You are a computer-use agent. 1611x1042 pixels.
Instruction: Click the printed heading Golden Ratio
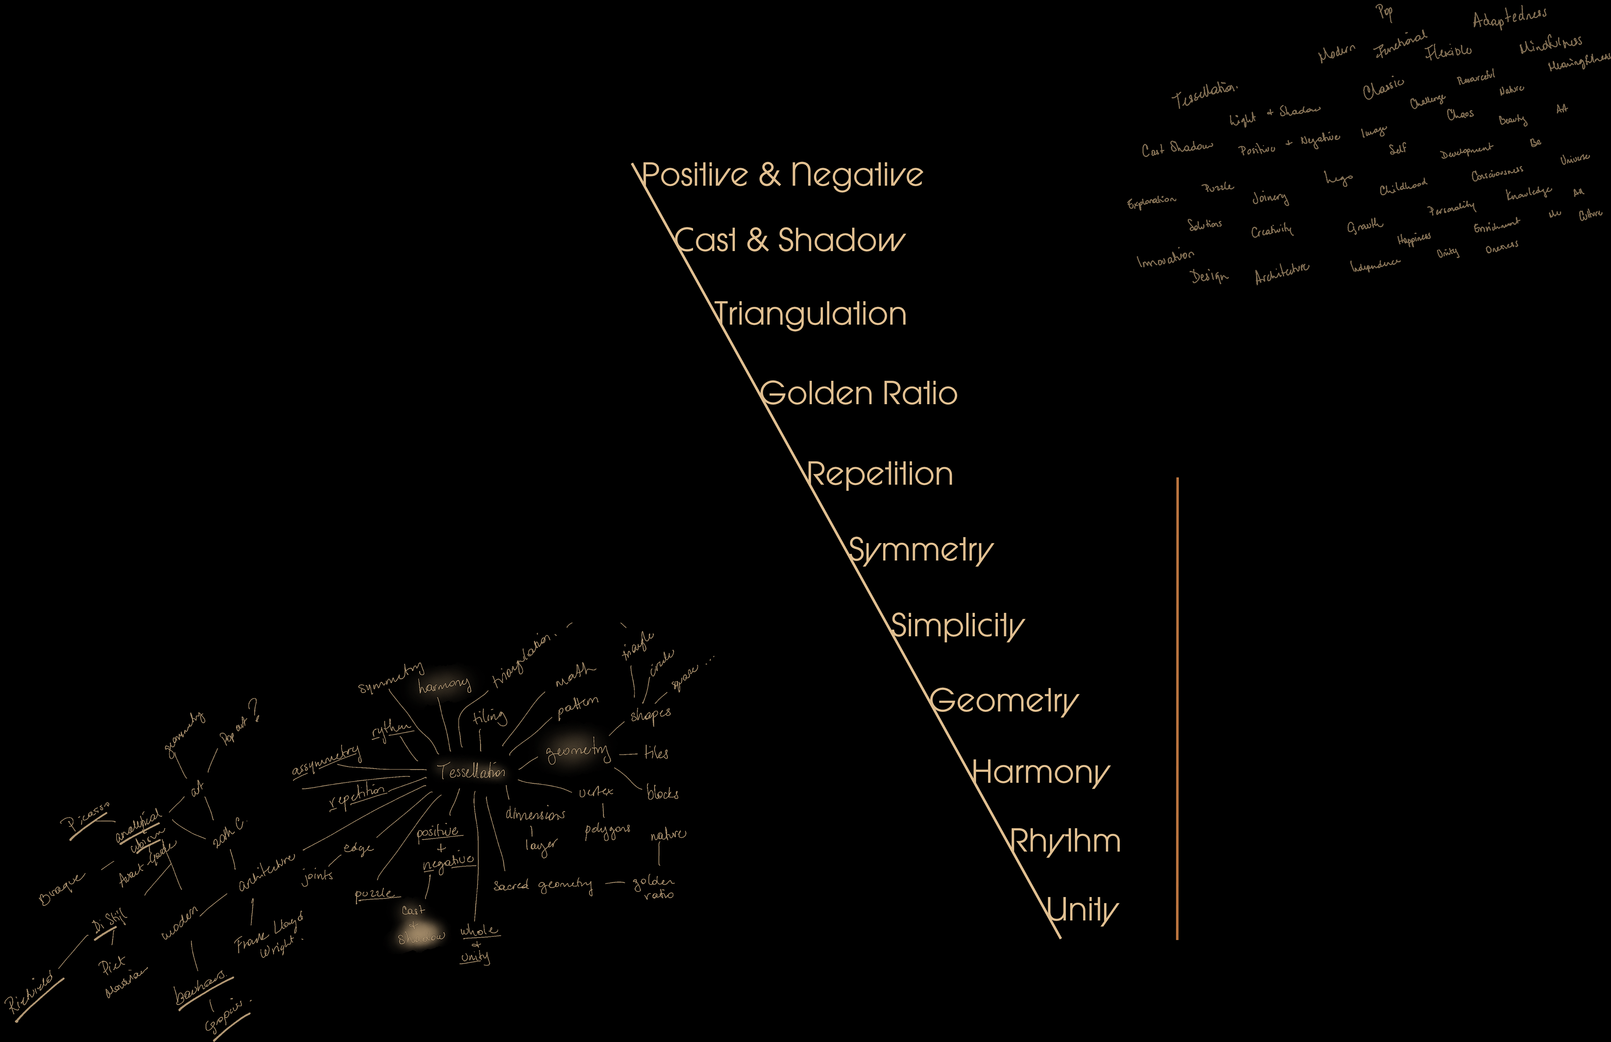point(858,394)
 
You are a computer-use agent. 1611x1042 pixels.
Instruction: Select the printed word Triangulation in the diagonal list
point(810,314)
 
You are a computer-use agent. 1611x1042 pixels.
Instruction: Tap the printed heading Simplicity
point(957,626)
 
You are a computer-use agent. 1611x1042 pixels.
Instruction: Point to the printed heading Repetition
point(880,474)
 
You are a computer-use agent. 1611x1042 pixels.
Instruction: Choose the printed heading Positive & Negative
point(782,175)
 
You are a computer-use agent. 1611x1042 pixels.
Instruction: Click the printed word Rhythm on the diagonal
point(1065,842)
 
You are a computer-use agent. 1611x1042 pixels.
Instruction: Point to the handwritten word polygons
point(607,830)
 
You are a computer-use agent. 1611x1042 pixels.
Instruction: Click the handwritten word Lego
point(1338,178)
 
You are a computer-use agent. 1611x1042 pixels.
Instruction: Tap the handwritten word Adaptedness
point(1509,17)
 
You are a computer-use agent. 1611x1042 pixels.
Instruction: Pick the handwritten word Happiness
point(1413,238)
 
